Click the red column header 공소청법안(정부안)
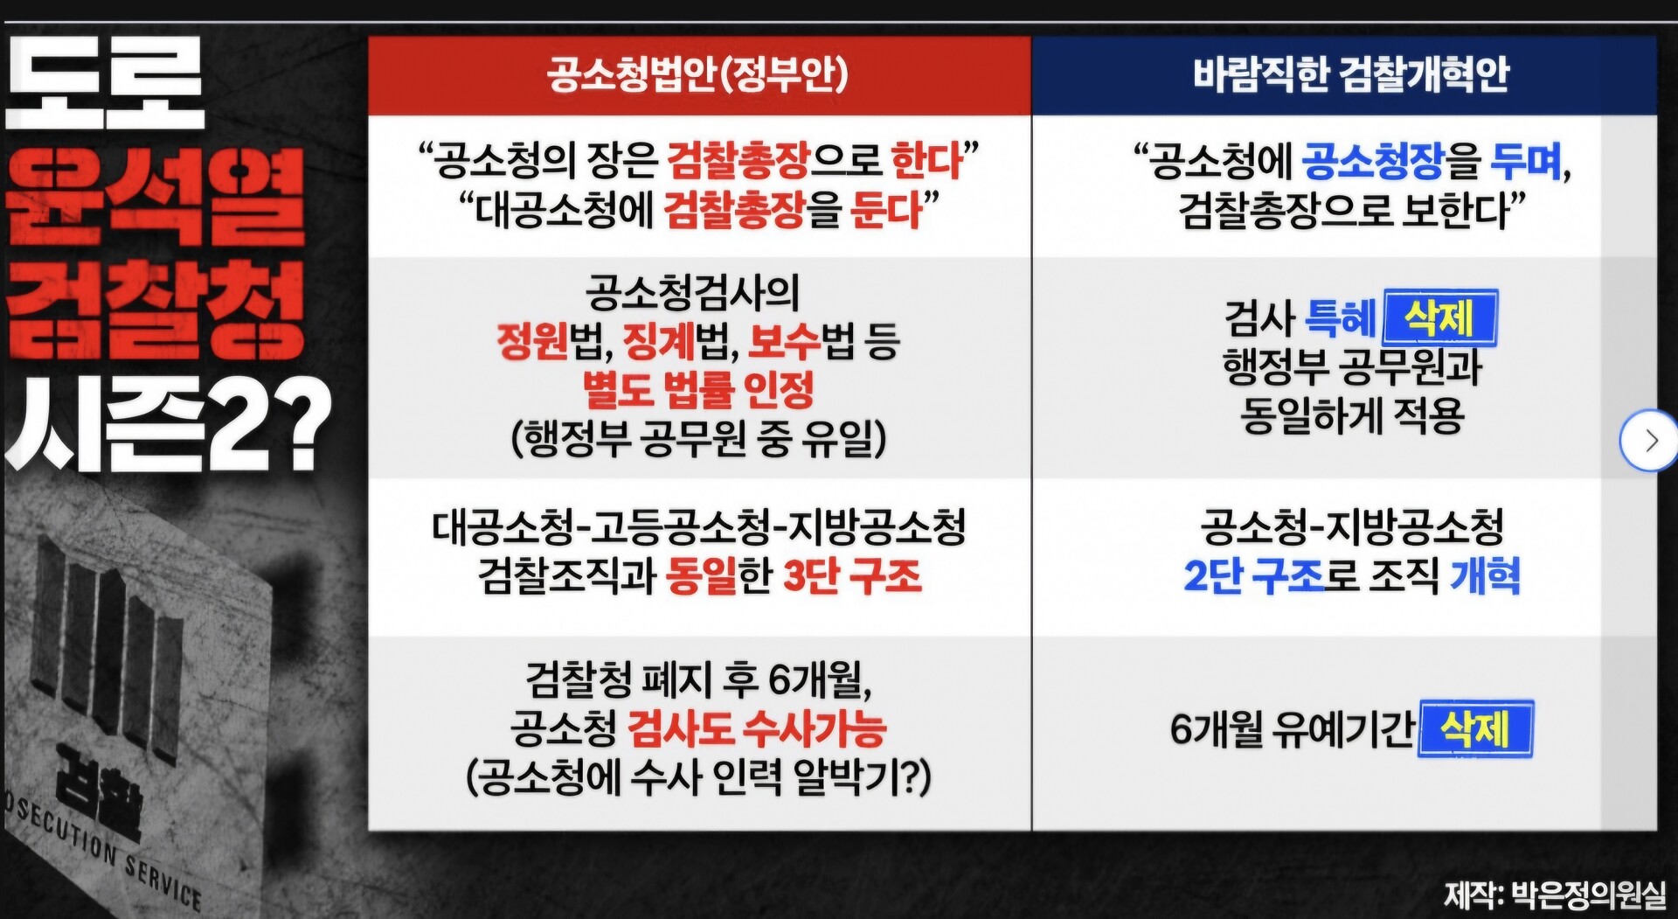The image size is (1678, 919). click(x=697, y=73)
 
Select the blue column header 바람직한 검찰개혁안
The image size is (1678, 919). click(x=1351, y=73)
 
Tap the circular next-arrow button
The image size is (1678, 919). click(x=1648, y=441)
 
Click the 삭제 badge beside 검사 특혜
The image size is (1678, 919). click(x=1440, y=317)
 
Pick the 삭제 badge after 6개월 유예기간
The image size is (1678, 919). click(x=1476, y=728)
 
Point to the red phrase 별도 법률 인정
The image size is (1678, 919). click(x=698, y=390)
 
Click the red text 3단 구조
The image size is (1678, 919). click(x=852, y=576)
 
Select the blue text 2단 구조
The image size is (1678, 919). click(x=1254, y=576)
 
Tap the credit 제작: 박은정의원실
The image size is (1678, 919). click(x=1555, y=895)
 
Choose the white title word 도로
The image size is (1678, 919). click(x=105, y=83)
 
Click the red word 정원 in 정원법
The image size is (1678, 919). click(x=532, y=341)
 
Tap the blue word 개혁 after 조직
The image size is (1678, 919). click(x=1485, y=576)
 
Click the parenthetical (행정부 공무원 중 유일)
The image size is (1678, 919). click(x=698, y=438)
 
